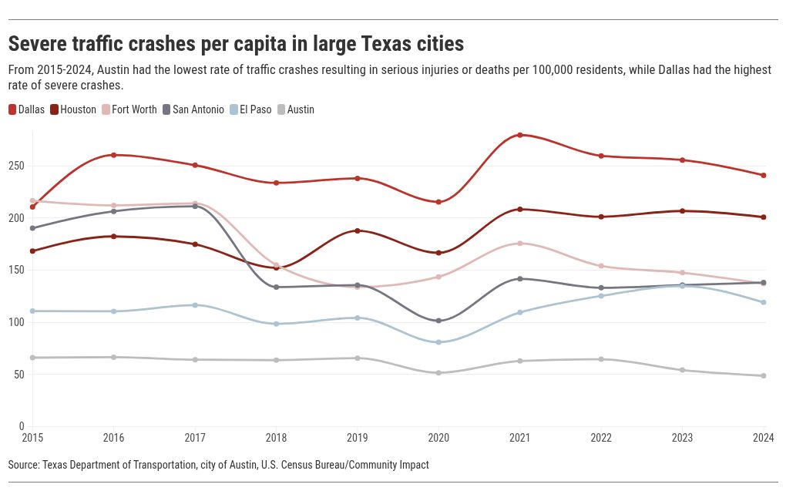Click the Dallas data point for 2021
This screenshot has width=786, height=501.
520,135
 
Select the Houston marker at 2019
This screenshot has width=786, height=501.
358,230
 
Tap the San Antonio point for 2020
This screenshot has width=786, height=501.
438,321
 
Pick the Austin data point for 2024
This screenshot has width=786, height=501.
764,376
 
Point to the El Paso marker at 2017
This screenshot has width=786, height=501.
195,305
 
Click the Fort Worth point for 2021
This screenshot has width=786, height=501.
520,244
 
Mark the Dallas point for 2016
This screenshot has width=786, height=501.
114,155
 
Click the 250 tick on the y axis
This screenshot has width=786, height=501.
16,166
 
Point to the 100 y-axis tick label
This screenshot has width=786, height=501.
16,322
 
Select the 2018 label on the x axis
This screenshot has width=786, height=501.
276,439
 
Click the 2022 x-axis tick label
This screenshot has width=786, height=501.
601,439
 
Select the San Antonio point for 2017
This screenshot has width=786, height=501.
195,206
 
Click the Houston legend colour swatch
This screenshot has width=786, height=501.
55,109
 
